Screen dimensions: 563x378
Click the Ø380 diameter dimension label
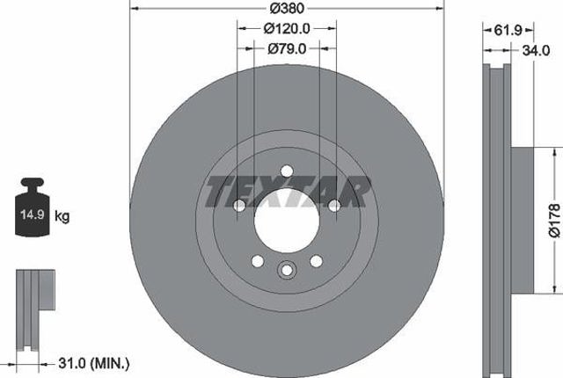click(287, 8)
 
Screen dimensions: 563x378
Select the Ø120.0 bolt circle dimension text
click(287, 29)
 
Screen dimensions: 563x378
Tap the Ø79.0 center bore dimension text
click(287, 48)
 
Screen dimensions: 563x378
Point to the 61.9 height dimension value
click(508, 30)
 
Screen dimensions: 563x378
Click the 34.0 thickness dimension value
click(536, 51)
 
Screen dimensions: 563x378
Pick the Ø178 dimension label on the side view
click(555, 221)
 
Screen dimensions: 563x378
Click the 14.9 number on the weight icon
click(33, 214)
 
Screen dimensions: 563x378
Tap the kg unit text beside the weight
click(62, 216)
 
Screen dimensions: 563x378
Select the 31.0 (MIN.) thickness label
click(94, 364)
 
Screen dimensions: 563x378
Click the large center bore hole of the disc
click(287, 221)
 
